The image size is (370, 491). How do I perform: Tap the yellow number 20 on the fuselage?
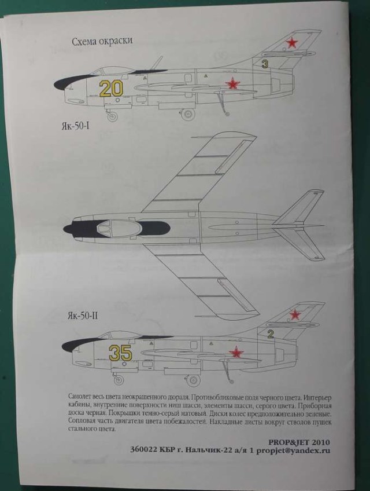click(111, 88)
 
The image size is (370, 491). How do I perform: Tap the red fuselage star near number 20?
click(232, 85)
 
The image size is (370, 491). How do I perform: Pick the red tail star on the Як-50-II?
click(295, 314)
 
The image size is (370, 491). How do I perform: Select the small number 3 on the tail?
click(265, 65)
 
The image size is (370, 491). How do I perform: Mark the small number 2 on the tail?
click(270, 333)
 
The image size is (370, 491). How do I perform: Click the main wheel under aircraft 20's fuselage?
click(188, 114)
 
